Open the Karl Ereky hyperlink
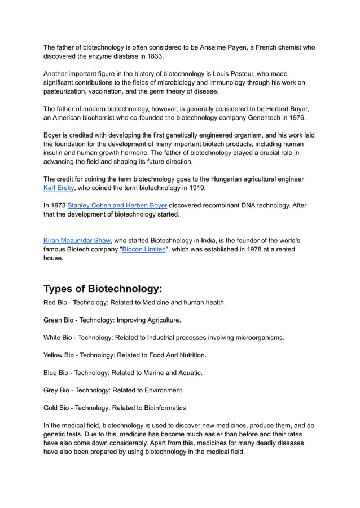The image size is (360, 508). (59, 188)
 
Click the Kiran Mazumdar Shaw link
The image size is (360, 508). (77, 240)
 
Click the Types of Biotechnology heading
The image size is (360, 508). (103, 289)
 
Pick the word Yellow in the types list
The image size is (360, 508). (55, 355)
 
